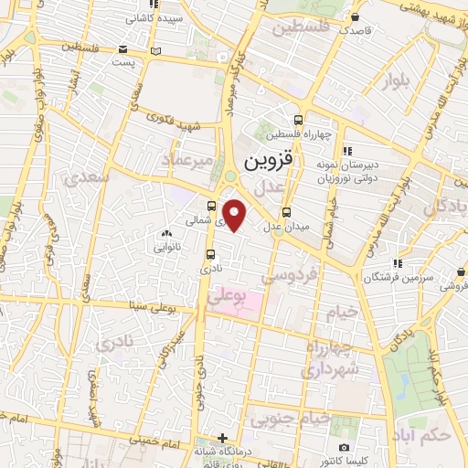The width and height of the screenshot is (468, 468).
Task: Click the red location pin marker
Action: (235, 216)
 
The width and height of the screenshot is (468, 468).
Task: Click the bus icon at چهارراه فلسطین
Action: (299, 120)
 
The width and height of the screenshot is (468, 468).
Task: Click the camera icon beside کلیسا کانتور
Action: (343, 447)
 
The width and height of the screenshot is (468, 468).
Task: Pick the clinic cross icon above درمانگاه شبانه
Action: (222, 438)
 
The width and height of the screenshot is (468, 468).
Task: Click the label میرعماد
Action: (187, 163)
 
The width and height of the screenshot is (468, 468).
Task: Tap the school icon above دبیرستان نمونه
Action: (346, 152)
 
